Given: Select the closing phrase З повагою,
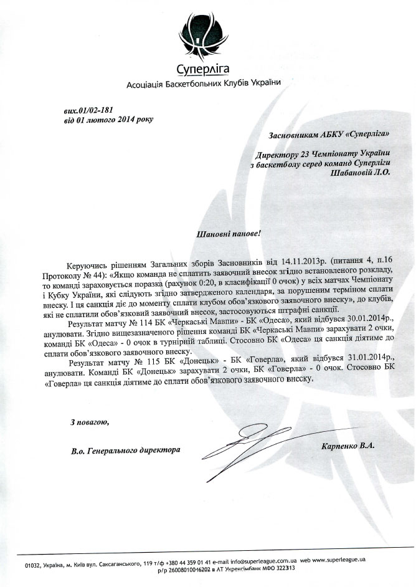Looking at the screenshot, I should click(81, 423).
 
